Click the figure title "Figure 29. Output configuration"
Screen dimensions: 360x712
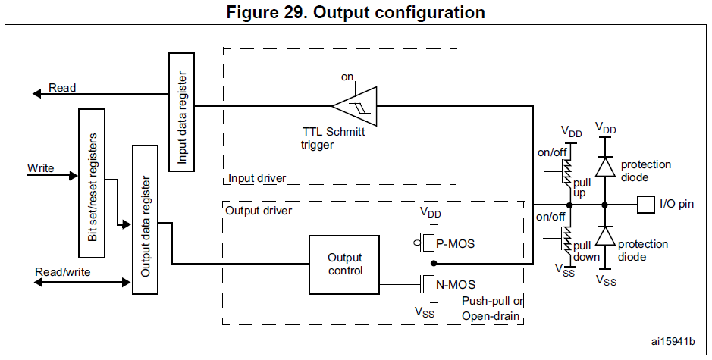pos(356,13)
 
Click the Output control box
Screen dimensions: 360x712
pos(345,264)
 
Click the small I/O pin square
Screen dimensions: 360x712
pos(645,205)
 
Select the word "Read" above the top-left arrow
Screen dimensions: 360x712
pos(62,88)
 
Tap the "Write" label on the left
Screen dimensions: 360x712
pos(40,167)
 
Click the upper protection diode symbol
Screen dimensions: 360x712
pos(604,166)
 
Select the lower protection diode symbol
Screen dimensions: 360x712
pos(604,238)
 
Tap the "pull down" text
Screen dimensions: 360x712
pos(585,251)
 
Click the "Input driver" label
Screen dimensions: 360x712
pos(258,179)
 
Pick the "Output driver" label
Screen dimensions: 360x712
pos(259,209)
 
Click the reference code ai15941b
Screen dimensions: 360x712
pos(673,341)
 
